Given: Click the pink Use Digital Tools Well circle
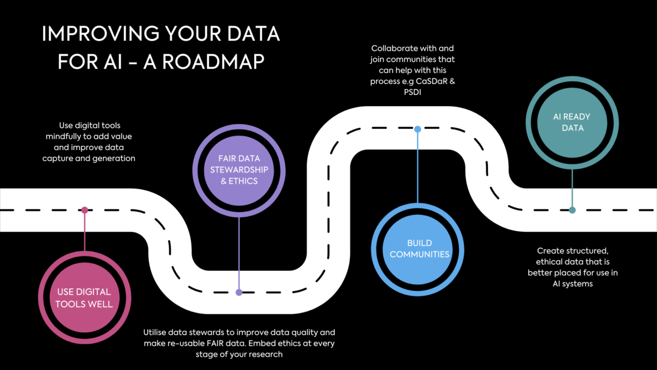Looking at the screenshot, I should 84,297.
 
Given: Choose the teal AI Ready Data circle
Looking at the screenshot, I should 572,122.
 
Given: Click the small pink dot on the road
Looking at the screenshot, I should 84,210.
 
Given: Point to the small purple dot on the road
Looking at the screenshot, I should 238,292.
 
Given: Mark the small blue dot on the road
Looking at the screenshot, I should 418,129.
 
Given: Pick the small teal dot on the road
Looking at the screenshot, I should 572,210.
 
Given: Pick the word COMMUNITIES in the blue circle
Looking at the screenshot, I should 419,254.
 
